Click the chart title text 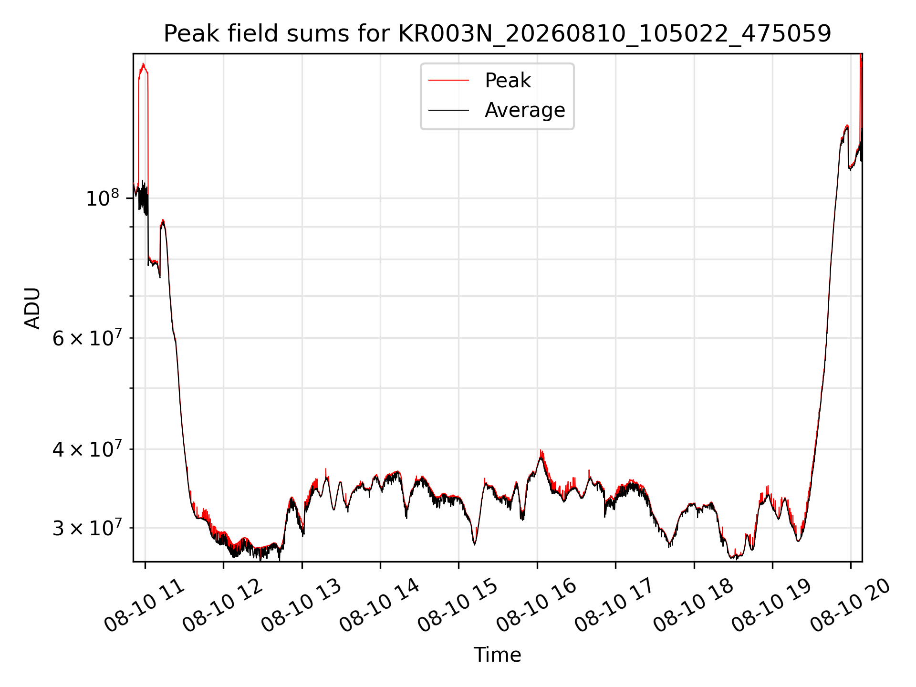point(497,34)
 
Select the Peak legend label point(508,80)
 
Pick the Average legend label point(525,110)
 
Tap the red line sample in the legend point(448,80)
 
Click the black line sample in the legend point(448,110)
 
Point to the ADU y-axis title point(32,308)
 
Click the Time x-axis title point(497,655)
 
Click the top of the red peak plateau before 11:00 point(143,64)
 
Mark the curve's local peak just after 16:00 point(541,451)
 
